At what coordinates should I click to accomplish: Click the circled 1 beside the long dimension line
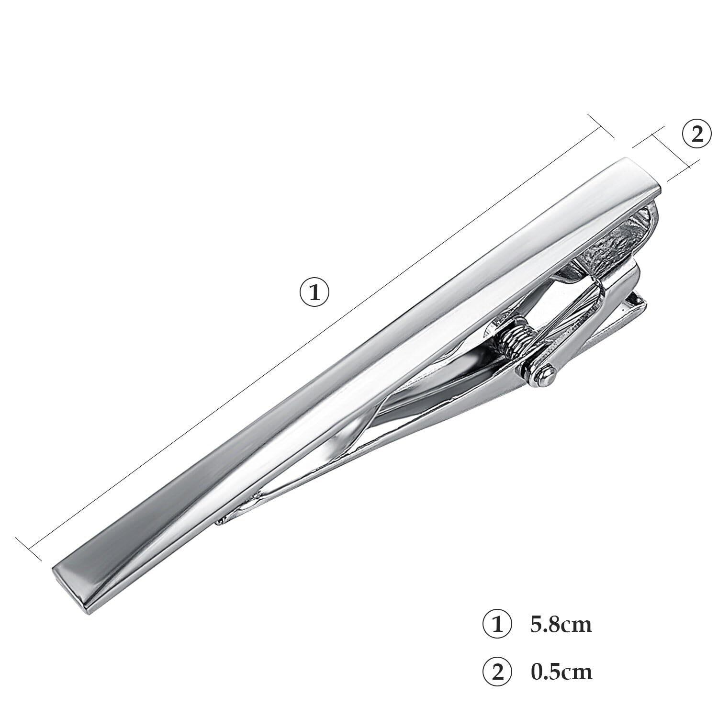pos(314,292)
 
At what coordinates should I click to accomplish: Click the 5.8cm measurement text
pos(561,625)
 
